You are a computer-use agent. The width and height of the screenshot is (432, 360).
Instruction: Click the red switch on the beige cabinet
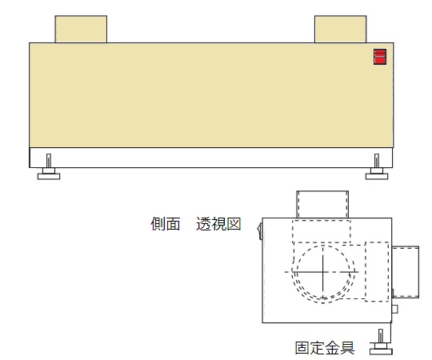(380, 57)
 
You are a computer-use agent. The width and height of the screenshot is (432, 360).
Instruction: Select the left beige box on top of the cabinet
(81, 29)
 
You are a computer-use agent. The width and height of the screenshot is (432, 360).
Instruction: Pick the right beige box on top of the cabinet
(341, 29)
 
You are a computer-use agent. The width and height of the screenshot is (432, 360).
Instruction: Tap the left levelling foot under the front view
(49, 167)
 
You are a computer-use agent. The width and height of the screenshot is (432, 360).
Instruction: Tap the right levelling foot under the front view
(377, 167)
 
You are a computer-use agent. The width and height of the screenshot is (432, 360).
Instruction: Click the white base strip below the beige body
(211, 158)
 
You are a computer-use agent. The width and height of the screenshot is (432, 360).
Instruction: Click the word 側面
(166, 224)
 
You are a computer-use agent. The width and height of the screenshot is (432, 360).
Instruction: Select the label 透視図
(218, 224)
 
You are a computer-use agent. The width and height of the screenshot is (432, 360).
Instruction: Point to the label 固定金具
(325, 348)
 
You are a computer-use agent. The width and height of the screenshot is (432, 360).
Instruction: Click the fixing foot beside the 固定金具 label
(381, 342)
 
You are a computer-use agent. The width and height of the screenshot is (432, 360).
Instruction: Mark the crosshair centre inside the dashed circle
(323, 272)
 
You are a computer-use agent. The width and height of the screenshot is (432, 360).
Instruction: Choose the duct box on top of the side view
(322, 204)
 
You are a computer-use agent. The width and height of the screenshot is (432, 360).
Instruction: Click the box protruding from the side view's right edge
(406, 272)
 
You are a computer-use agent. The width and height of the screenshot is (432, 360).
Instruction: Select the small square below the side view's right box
(394, 309)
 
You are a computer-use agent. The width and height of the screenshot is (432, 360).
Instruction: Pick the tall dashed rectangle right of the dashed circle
(377, 271)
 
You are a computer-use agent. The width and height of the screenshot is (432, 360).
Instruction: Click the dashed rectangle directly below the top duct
(322, 231)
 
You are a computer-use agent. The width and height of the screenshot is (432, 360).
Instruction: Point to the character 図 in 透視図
(234, 224)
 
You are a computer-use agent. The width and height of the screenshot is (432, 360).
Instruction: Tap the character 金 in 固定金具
(332, 348)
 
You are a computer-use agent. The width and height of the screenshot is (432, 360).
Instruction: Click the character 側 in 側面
(158, 224)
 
